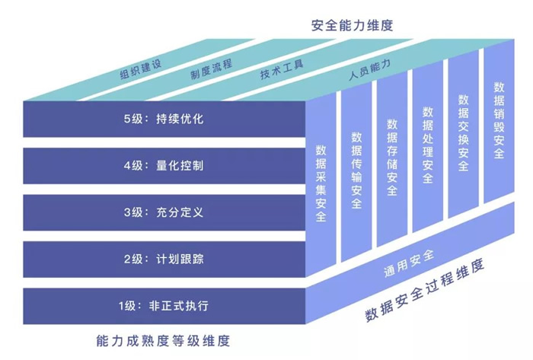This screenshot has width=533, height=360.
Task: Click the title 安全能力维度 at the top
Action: point(352,25)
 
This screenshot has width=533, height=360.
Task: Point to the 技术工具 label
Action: point(282,70)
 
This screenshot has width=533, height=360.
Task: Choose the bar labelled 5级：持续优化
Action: point(164,119)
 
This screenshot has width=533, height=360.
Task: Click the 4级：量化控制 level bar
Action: point(164,165)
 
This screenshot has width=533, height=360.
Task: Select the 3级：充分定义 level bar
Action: point(164,212)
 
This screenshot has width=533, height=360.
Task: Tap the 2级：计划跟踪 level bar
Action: point(164,259)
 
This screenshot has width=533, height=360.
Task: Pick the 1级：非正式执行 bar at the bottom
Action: point(164,306)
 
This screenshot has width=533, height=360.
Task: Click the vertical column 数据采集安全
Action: point(321,183)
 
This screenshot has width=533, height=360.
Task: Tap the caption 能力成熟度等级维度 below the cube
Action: point(164,339)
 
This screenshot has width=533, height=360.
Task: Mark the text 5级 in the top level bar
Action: point(133,119)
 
